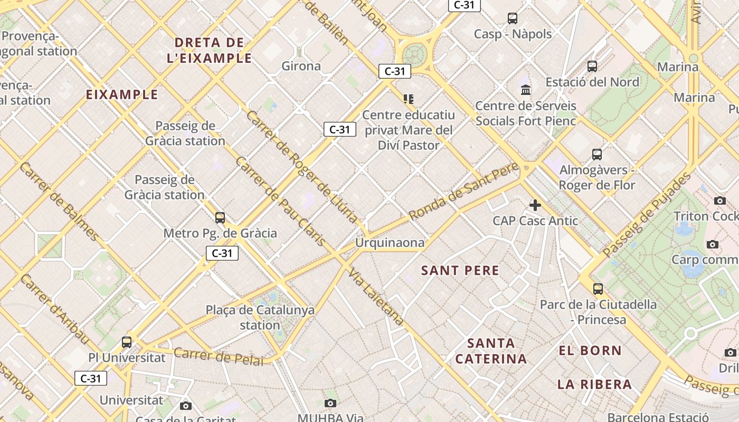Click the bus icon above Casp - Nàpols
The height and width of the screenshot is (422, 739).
pyautogui.click(x=512, y=18)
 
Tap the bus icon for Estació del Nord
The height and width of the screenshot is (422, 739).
pyautogui.click(x=592, y=66)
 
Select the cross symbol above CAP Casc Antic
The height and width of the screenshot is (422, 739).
pyautogui.click(x=535, y=205)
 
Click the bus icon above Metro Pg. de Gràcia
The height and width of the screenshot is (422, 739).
pyautogui.click(x=220, y=217)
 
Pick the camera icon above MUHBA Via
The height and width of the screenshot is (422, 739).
pyautogui.click(x=330, y=404)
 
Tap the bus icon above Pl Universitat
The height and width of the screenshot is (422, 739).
pyautogui.click(x=127, y=342)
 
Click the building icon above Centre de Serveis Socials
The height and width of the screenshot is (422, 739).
pyautogui.click(x=526, y=90)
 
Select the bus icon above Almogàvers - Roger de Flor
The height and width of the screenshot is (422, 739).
pyautogui.click(x=597, y=155)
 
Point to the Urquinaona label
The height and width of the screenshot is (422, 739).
pyautogui.click(x=390, y=243)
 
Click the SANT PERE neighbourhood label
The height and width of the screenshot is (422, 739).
pyautogui.click(x=460, y=271)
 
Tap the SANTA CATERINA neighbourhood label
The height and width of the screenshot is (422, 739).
pyautogui.click(x=491, y=351)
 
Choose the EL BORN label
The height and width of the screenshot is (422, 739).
pyautogui.click(x=591, y=350)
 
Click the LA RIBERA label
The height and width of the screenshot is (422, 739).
pyautogui.click(x=594, y=384)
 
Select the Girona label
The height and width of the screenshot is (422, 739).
pyautogui.click(x=301, y=66)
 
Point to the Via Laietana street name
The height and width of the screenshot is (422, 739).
pyautogui.click(x=376, y=296)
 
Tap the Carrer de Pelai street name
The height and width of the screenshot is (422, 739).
pyautogui.click(x=219, y=357)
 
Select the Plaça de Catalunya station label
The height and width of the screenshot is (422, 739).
pyautogui.click(x=260, y=317)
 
